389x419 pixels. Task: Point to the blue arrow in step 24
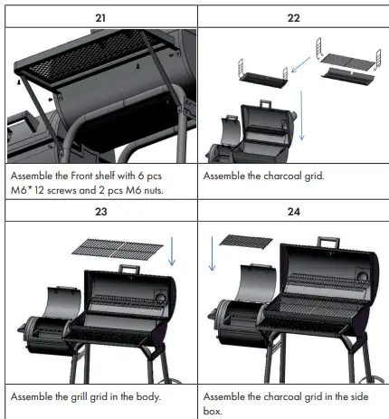tap(210, 253)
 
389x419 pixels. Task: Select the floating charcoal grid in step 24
tap(245, 241)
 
